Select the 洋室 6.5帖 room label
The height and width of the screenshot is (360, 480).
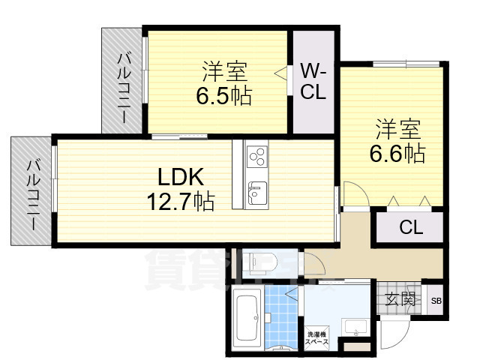[223, 84]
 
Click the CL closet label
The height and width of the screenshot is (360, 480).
[409, 227]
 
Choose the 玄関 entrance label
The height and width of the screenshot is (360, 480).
[400, 299]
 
